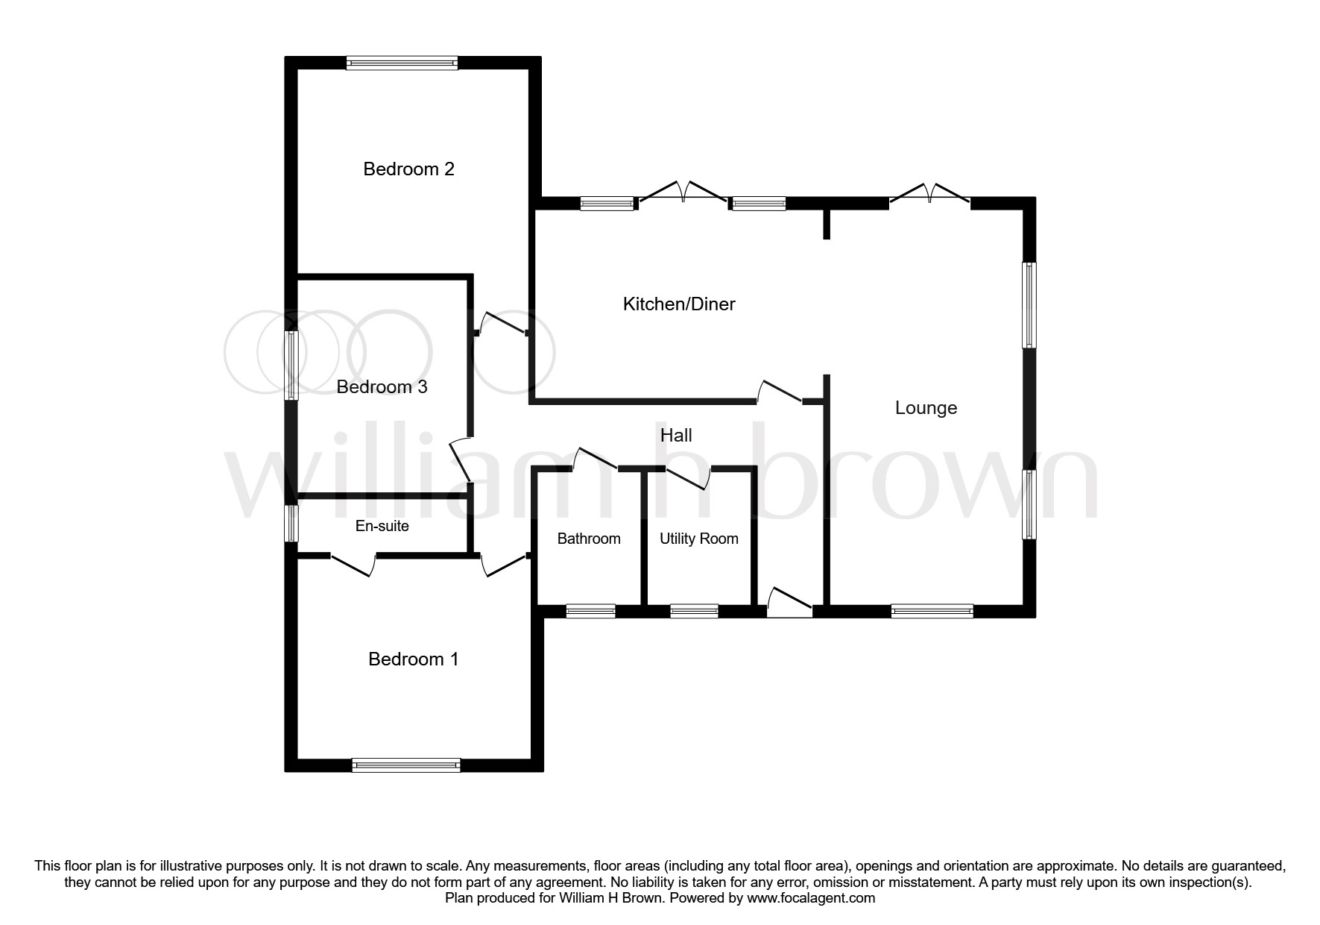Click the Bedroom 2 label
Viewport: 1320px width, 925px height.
pyautogui.click(x=408, y=169)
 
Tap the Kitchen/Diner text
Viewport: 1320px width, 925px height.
pyautogui.click(x=678, y=304)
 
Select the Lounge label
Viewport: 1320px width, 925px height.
pyautogui.click(x=925, y=408)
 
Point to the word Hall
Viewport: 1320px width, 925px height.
pyautogui.click(x=675, y=436)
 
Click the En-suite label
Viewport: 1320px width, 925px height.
pyautogui.click(x=382, y=527)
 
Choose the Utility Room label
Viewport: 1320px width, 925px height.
pyautogui.click(x=698, y=539)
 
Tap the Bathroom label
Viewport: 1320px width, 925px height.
pyautogui.click(x=588, y=539)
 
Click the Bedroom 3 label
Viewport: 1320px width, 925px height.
pyautogui.click(x=382, y=387)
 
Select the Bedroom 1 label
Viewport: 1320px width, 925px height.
pyautogui.click(x=413, y=659)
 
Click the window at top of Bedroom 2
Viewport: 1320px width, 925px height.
pyautogui.click(x=402, y=63)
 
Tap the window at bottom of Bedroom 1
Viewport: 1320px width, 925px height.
pyautogui.click(x=406, y=765)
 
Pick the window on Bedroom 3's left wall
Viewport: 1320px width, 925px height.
pyautogui.click(x=292, y=366)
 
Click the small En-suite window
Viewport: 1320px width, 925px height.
pyautogui.click(x=292, y=524)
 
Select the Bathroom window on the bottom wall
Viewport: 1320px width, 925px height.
pyautogui.click(x=590, y=612)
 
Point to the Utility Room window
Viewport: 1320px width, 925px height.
pyautogui.click(x=694, y=612)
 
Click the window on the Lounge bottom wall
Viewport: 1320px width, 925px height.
pyautogui.click(x=932, y=612)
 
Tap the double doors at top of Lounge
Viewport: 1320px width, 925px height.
pyautogui.click(x=929, y=195)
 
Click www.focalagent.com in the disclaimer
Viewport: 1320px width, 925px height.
pyautogui.click(x=811, y=899)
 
